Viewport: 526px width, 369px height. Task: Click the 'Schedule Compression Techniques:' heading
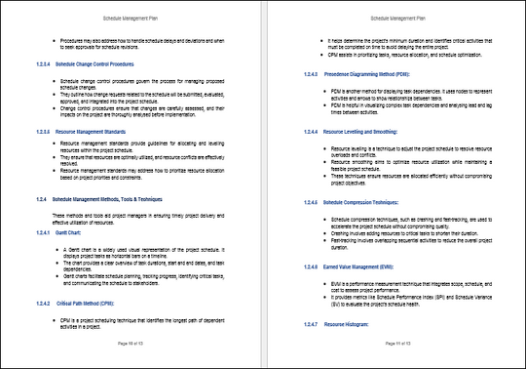point(345,199)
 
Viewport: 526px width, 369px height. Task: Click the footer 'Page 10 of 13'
point(131,344)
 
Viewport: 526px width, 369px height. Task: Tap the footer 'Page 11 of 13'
point(394,344)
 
